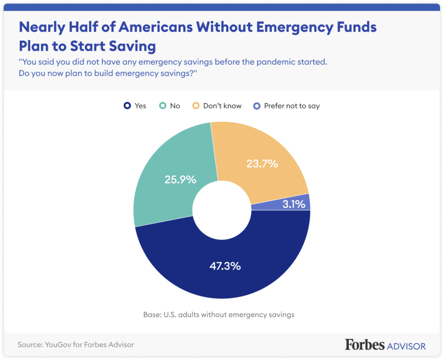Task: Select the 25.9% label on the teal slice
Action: click(x=180, y=179)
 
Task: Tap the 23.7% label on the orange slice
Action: click(x=262, y=164)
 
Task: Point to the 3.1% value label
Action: click(x=294, y=203)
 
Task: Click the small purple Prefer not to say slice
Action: click(x=304, y=202)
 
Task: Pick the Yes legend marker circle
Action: click(x=127, y=106)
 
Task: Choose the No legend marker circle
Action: click(x=163, y=106)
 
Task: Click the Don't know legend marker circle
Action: click(x=196, y=106)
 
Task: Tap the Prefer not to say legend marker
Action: click(x=256, y=106)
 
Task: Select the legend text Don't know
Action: click(x=222, y=106)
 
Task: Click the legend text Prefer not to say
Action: click(x=292, y=106)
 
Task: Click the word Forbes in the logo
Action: click(x=365, y=345)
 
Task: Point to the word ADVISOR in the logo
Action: click(x=406, y=346)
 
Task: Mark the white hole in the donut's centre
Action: click(x=222, y=210)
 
